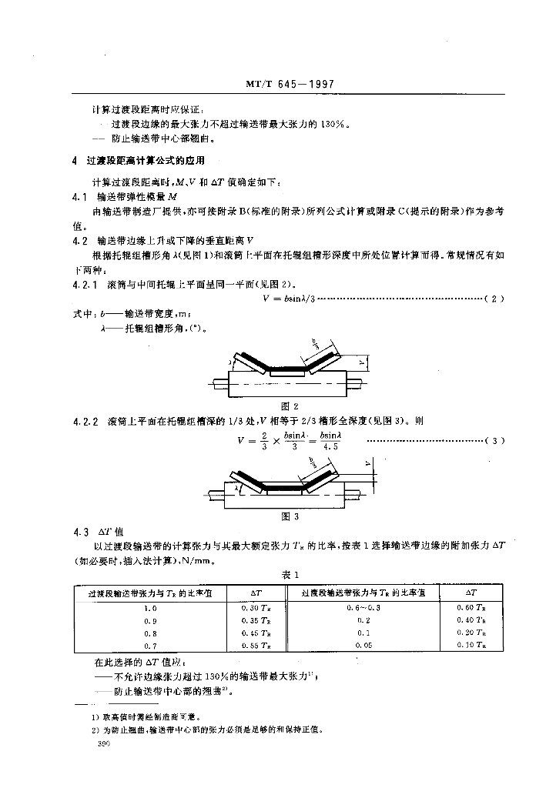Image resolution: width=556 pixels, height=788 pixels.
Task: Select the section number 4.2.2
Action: pos(82,420)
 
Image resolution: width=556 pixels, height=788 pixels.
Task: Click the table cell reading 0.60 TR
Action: pos(471,608)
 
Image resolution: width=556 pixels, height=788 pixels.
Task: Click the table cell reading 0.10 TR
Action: pos(471,645)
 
